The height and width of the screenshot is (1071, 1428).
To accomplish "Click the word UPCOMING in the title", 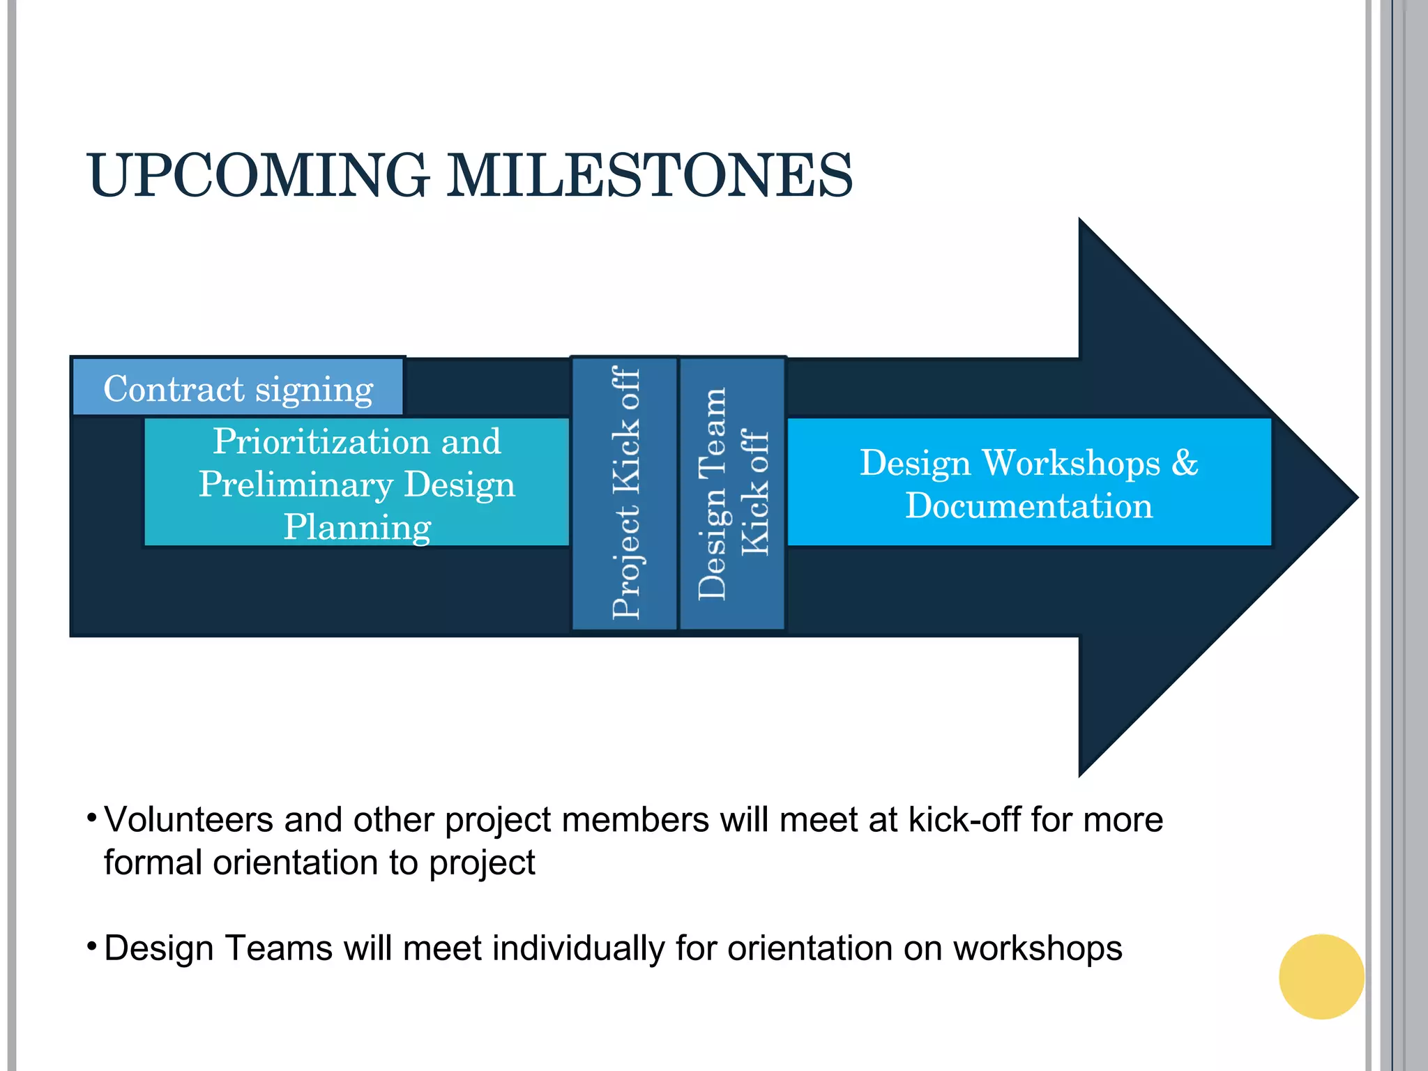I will coord(257,175).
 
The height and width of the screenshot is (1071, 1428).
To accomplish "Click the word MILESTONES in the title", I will coord(648,175).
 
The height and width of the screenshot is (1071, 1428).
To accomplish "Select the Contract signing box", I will coord(238,388).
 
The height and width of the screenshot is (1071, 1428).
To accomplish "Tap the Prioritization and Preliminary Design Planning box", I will coord(356,483).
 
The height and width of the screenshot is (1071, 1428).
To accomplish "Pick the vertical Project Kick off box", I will coord(625,493).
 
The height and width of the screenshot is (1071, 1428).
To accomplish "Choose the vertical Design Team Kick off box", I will coord(732,493).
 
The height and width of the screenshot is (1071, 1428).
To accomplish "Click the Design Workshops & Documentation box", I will coord(1028,483).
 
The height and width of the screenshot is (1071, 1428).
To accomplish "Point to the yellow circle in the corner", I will coord(1321,976).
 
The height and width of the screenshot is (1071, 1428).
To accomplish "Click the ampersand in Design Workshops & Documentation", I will coord(1184,463).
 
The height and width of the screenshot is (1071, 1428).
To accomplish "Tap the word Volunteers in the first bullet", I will coord(188,820).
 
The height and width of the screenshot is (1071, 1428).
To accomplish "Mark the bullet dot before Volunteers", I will coord(91,816).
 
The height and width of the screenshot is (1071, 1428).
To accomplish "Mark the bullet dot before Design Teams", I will coord(91,945).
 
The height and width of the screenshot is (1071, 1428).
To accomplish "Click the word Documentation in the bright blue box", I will coord(1028,506).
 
